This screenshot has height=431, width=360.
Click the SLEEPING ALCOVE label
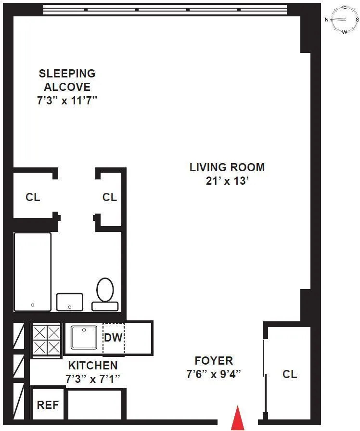[x=67, y=80]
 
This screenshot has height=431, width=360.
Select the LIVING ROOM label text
[x=227, y=167]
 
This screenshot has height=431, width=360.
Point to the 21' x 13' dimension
[x=227, y=181]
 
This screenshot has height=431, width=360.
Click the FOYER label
[x=214, y=360]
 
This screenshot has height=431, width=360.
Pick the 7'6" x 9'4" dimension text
[x=214, y=374]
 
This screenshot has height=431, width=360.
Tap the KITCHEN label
[x=92, y=365]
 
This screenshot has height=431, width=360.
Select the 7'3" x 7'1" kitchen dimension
[x=92, y=379]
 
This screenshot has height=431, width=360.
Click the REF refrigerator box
[x=48, y=405]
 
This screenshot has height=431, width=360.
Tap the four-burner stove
[x=47, y=339]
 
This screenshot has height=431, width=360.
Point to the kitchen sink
[x=84, y=337]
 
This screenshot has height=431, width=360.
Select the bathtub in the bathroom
[x=33, y=272]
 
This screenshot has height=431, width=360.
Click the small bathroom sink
[x=70, y=302]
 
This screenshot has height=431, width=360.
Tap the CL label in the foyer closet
[x=290, y=374]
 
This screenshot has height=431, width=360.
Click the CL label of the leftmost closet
[x=33, y=197]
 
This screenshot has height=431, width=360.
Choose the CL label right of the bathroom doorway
[x=110, y=197]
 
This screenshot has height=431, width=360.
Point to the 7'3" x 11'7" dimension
[x=67, y=101]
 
